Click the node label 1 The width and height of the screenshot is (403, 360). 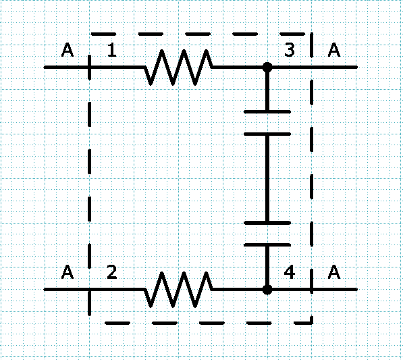112,50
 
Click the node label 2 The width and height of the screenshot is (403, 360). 112,272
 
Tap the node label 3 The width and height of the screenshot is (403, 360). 290,50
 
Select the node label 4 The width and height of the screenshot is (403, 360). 290,272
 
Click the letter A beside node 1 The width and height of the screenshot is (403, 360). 68,50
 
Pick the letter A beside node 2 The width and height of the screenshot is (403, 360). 68,272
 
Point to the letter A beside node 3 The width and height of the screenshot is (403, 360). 334,50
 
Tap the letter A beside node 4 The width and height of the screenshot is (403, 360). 334,272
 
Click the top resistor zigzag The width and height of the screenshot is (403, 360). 178,68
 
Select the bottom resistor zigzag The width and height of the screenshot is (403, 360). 178,290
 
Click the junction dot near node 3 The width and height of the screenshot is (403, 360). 267,68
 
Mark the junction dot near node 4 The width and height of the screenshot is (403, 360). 267,290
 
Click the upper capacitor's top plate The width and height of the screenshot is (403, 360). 267,112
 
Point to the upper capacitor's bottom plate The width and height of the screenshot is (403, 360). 267,134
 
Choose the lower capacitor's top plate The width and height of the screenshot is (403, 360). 267,223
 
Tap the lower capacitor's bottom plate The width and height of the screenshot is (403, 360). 267,245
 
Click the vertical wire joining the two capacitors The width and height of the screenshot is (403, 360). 267,178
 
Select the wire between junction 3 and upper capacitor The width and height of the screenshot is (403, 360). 267,89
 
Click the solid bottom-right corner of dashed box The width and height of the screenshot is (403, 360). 312,324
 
